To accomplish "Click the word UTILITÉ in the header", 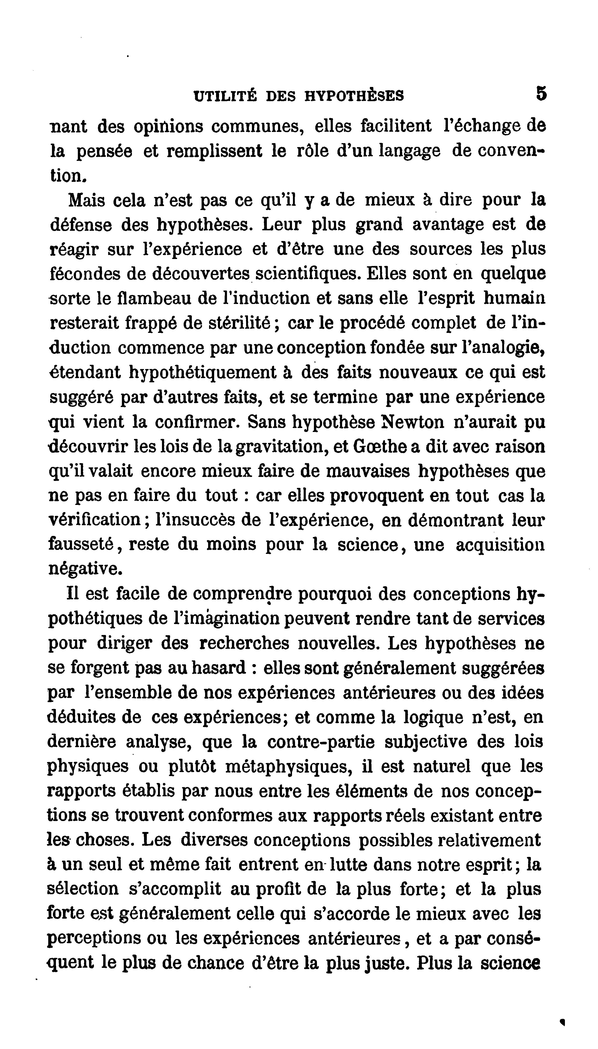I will (x=225, y=96).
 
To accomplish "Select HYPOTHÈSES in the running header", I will (x=354, y=96).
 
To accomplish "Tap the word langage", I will (x=409, y=151).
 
